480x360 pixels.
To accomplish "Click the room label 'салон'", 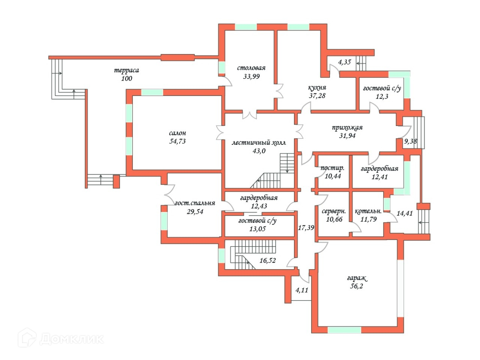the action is point(177,133).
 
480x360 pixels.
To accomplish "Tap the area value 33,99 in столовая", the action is point(251,76).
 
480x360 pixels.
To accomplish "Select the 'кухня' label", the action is point(317,88).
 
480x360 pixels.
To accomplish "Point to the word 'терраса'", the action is point(126,70).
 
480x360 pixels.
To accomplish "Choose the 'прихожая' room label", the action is point(347,127).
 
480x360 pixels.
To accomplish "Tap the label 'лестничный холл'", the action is point(259,142).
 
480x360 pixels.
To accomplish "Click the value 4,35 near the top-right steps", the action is point(344,62).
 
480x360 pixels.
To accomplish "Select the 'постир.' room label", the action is point(332,168).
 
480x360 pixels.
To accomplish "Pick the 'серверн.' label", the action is point(334,211).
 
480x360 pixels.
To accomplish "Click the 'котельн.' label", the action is point(368,211).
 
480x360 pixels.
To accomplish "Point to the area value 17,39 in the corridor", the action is point(306,228).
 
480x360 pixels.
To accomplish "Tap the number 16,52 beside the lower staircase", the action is point(268,261).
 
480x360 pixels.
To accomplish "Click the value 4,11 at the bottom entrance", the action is point(302,290).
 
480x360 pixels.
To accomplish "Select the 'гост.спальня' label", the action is point(195,203).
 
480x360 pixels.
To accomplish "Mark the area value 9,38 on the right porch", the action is point(410,141).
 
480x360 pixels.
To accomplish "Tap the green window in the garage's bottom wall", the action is point(344,330).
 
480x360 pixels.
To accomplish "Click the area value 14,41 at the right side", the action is point(405,213).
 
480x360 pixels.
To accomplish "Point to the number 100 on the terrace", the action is point(127,78).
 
